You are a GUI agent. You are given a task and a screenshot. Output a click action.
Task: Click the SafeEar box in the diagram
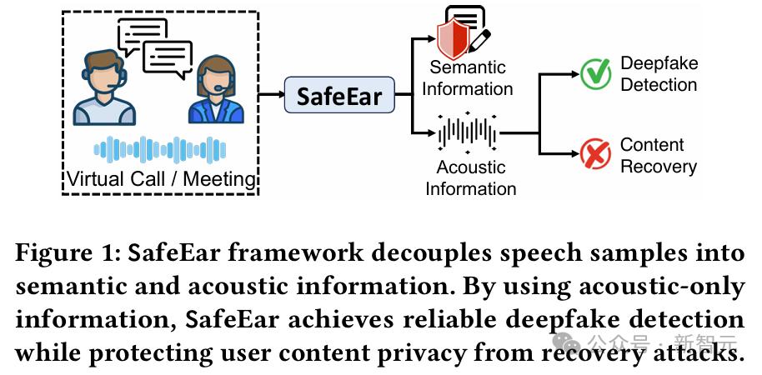(x=339, y=96)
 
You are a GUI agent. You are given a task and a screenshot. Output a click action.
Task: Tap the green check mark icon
(x=595, y=73)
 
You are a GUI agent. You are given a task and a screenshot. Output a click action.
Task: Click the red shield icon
(x=453, y=37)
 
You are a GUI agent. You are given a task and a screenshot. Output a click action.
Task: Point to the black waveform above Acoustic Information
(x=468, y=132)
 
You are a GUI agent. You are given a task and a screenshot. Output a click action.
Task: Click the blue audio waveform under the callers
(x=160, y=150)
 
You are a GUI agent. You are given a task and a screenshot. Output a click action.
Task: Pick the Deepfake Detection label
(x=659, y=74)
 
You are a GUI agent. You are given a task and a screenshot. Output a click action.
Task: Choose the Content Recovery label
(x=658, y=155)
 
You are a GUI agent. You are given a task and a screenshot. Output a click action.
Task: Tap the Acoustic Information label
(x=470, y=178)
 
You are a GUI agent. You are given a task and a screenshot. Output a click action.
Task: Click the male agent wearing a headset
(x=105, y=87)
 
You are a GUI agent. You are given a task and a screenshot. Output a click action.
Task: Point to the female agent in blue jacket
(x=215, y=92)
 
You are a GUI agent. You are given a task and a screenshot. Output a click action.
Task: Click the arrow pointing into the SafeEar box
(x=272, y=96)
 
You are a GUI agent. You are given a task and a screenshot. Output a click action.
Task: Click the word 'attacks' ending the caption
(x=696, y=352)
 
